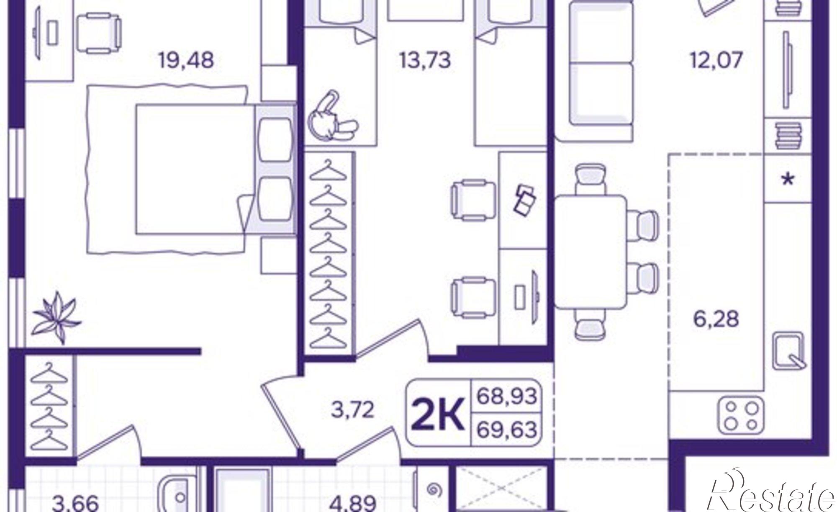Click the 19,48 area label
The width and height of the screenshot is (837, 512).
pyautogui.click(x=186, y=60)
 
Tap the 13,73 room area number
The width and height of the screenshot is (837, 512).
pyautogui.click(x=425, y=60)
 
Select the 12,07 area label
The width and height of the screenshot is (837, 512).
pyautogui.click(x=717, y=60)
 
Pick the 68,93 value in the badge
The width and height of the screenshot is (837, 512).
pyautogui.click(x=507, y=396)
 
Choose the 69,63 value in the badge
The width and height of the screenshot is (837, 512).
pyautogui.click(x=507, y=429)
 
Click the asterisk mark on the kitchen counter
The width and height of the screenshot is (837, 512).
pyautogui.click(x=788, y=180)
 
